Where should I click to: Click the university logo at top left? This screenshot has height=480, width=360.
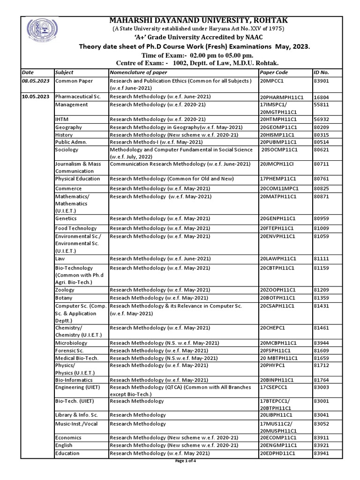tap(37, 32)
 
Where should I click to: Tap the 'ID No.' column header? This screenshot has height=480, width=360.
tap(321, 73)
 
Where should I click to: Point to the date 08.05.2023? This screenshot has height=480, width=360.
tap(36, 81)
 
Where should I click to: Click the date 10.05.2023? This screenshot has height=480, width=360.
tap(36, 96)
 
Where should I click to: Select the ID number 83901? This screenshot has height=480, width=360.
tap(321, 81)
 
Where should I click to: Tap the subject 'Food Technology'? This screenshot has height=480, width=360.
tap(75, 228)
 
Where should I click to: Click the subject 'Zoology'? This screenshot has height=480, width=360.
tap(65, 290)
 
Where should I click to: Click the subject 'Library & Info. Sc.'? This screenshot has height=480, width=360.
tap(76, 415)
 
